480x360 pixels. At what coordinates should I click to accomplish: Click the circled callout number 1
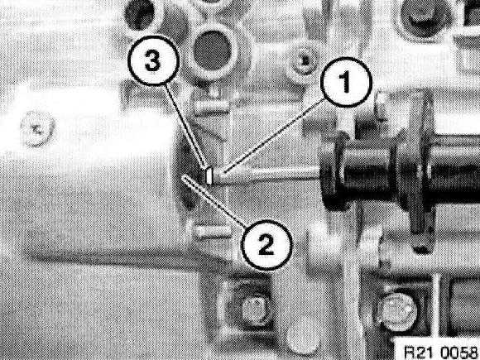(x=346, y=83)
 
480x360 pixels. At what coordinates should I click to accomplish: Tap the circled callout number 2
(x=266, y=245)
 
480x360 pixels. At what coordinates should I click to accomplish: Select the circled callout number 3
(x=153, y=60)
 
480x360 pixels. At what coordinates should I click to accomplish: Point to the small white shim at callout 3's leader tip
(x=209, y=176)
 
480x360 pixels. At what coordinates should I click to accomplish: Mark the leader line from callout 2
(x=214, y=201)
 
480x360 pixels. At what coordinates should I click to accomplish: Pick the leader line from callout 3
(x=185, y=126)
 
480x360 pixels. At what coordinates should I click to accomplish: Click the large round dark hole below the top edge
(x=212, y=50)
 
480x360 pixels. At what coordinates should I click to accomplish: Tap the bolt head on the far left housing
(x=38, y=128)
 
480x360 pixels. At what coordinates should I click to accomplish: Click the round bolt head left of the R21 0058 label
(x=397, y=312)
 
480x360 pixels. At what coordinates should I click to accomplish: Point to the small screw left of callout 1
(x=303, y=61)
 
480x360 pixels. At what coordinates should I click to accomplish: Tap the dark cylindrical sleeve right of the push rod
(x=362, y=176)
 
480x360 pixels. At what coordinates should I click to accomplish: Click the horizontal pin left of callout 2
(x=210, y=231)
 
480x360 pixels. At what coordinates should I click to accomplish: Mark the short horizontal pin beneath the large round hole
(x=211, y=106)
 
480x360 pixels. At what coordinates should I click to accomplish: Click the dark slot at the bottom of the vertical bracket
(x=423, y=248)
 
